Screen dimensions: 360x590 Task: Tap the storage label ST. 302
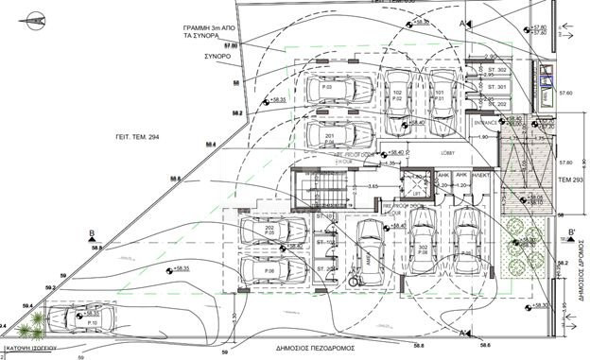(495, 71)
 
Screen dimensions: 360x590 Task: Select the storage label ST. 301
(495, 88)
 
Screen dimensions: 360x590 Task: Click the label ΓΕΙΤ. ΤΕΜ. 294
(127, 137)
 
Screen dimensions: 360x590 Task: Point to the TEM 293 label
(569, 178)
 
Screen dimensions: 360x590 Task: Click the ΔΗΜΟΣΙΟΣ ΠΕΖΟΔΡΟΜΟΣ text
(314, 348)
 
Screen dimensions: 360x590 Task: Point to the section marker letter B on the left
(91, 232)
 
